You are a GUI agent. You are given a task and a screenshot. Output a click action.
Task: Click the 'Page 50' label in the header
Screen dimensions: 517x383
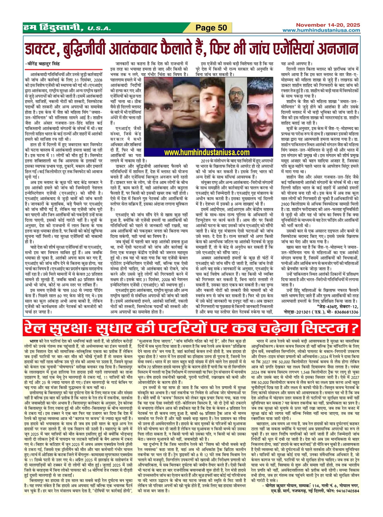point(212,28)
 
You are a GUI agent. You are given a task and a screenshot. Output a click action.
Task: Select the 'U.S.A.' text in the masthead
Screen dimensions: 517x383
point(97,29)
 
